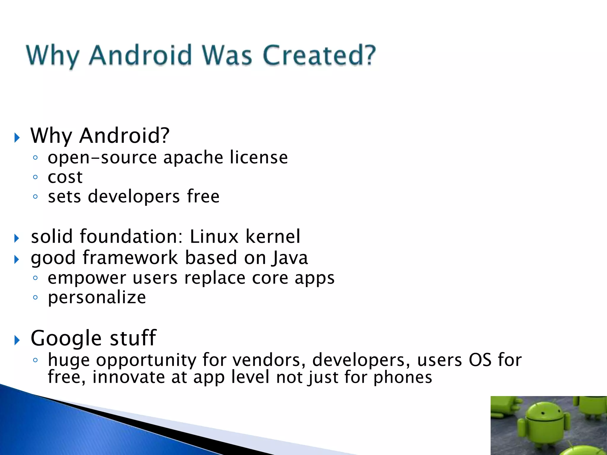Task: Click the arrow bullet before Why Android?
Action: coord(17,137)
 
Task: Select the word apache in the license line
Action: coord(193,158)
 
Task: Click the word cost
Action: coord(65,177)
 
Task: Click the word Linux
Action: coord(214,237)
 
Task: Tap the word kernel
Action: coord(273,237)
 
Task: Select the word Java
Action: coord(290,258)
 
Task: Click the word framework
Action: coord(130,258)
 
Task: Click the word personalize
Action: coord(97,298)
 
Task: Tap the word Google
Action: coord(66,339)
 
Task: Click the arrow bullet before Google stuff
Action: coord(17,340)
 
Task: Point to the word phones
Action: coord(402,378)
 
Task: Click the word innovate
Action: coord(128,377)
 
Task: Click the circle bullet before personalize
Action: coord(36,297)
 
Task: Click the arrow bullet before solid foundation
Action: coord(17,238)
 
